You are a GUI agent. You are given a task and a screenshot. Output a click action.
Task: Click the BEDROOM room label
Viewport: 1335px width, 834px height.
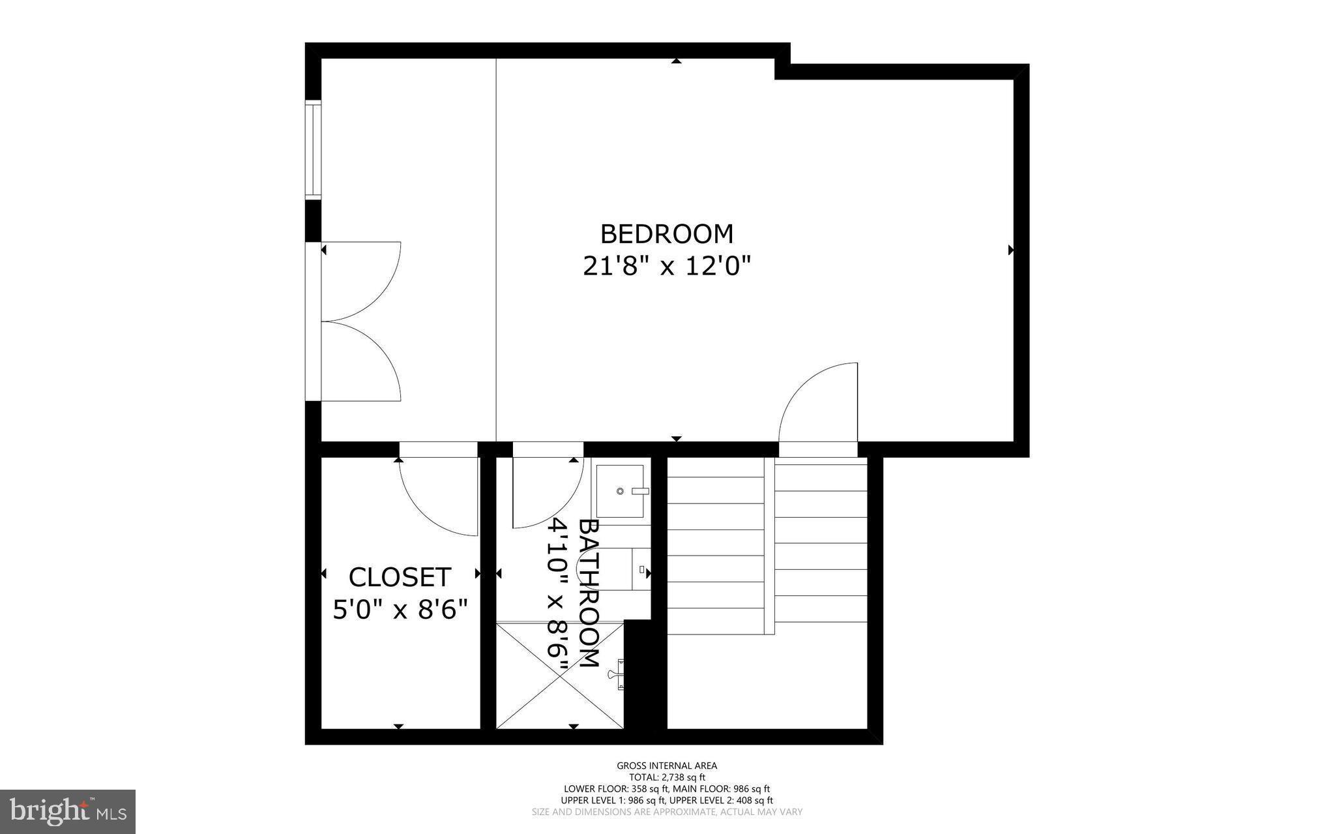click(666, 233)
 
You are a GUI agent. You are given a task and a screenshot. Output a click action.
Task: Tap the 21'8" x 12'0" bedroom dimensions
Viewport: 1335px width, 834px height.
click(666, 266)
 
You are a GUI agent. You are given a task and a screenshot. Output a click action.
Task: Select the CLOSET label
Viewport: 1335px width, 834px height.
click(400, 577)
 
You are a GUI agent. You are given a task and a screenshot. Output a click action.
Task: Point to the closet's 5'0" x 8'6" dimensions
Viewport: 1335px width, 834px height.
click(400, 610)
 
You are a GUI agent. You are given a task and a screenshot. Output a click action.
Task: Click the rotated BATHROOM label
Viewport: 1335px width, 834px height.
click(589, 593)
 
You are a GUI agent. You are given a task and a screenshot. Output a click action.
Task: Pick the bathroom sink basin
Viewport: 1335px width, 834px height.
click(620, 491)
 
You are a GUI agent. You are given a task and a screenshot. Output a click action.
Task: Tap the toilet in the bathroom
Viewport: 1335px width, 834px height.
click(640, 569)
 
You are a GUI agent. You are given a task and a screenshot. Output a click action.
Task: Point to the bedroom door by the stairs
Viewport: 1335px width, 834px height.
click(818, 404)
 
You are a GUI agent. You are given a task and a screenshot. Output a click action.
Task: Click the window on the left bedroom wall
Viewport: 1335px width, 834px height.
click(314, 149)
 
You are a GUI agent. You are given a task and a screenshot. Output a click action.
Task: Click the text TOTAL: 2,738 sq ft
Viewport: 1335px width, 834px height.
click(667, 777)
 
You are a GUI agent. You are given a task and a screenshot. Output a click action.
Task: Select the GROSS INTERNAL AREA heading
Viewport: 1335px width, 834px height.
click(667, 766)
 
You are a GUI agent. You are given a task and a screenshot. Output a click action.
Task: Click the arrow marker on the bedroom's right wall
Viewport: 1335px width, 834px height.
click(1011, 250)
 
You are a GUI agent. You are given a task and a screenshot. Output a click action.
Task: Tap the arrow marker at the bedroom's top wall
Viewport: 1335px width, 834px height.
click(677, 61)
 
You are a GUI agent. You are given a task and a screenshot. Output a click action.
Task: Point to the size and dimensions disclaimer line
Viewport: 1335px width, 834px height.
click(667, 812)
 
